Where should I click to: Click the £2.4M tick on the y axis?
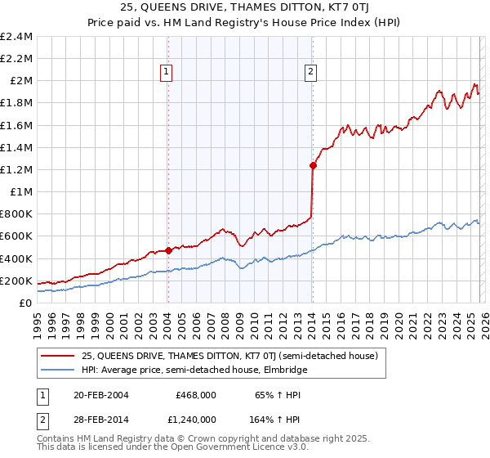(17, 37)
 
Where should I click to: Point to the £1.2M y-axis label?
(17, 170)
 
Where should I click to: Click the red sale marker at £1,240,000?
(313, 165)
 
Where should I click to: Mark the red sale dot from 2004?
(168, 251)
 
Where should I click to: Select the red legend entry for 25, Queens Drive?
(229, 356)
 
